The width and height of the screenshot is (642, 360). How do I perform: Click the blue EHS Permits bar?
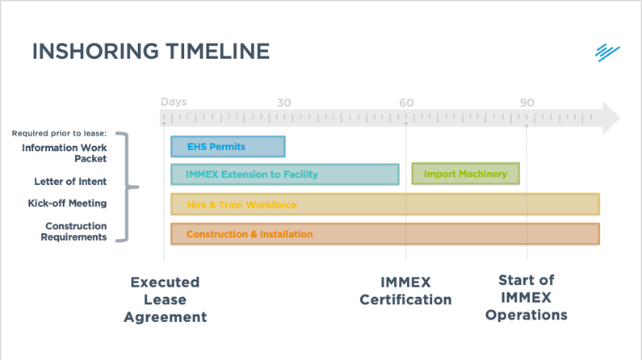pyautogui.click(x=228, y=147)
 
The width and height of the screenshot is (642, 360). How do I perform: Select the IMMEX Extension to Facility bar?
pyautogui.click(x=284, y=174)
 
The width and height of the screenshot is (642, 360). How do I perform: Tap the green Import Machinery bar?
pyautogui.click(x=465, y=174)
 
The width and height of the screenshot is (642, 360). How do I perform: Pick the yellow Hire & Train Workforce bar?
pyautogui.click(x=384, y=204)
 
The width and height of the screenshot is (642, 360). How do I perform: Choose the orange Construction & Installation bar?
pyautogui.click(x=384, y=234)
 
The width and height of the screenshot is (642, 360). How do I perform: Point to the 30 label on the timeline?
pyautogui.click(x=283, y=103)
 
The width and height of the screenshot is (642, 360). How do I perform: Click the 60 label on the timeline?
pyautogui.click(x=405, y=103)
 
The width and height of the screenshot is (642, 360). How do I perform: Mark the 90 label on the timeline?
pyautogui.click(x=527, y=103)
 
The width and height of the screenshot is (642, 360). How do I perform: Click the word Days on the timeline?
pyautogui.click(x=174, y=102)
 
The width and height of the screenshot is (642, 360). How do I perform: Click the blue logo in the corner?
pyautogui.click(x=607, y=52)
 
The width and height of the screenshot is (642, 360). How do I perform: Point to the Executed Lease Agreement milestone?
pyautogui.click(x=165, y=299)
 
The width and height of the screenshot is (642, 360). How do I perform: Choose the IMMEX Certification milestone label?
pyautogui.click(x=405, y=291)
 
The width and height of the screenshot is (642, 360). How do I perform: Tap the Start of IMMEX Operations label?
pyautogui.click(x=527, y=298)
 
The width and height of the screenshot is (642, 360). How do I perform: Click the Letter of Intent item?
pyautogui.click(x=70, y=182)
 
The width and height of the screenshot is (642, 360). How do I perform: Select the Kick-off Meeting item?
pyautogui.click(x=67, y=203)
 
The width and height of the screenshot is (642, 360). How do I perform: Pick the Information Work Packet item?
pyautogui.click(x=65, y=153)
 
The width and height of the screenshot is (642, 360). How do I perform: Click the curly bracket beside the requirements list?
pyautogui.click(x=124, y=187)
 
